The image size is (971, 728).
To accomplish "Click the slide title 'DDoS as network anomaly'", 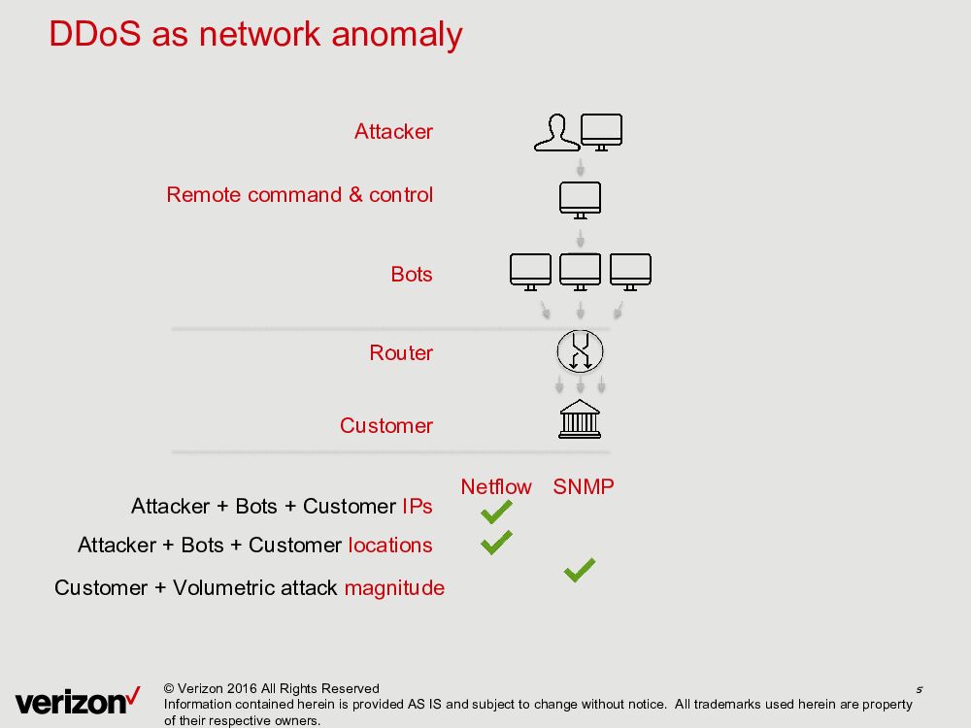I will (x=255, y=34).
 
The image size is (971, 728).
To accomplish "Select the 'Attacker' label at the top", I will (x=393, y=132).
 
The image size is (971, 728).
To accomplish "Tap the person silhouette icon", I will (x=555, y=133).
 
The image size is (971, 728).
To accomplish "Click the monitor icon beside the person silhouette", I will (x=601, y=131).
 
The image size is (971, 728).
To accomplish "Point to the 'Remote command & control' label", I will (x=299, y=195).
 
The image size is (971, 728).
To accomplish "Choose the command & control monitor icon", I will (x=580, y=199).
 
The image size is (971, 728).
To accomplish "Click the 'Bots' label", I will (x=412, y=275).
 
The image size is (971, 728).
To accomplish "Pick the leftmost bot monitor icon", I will (x=530, y=271).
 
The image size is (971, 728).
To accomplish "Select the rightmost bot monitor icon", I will (x=630, y=271).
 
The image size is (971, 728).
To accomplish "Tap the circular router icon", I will (x=580, y=350).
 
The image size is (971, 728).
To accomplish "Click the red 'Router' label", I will (x=401, y=353).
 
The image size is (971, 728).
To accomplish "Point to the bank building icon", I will (x=580, y=419).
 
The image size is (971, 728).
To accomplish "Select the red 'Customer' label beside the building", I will (x=386, y=426).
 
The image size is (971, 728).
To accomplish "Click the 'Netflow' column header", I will (x=496, y=487).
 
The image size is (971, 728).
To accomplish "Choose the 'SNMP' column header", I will (x=584, y=487).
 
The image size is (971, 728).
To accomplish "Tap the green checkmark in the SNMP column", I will (x=579, y=571).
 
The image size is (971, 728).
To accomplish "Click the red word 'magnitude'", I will (x=394, y=588).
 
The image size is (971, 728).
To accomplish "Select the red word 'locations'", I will (x=390, y=546).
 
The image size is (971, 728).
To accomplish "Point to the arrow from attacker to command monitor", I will (x=580, y=167).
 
